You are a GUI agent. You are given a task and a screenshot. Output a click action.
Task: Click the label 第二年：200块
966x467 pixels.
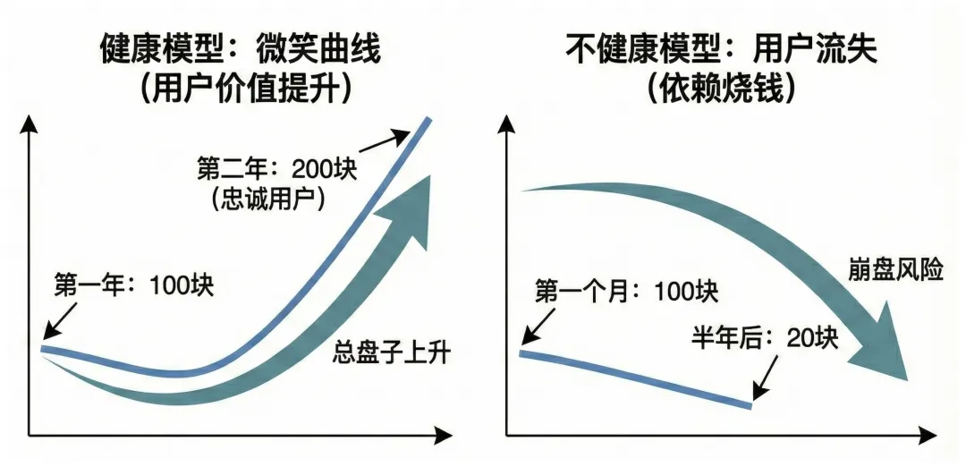coord(276,167)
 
